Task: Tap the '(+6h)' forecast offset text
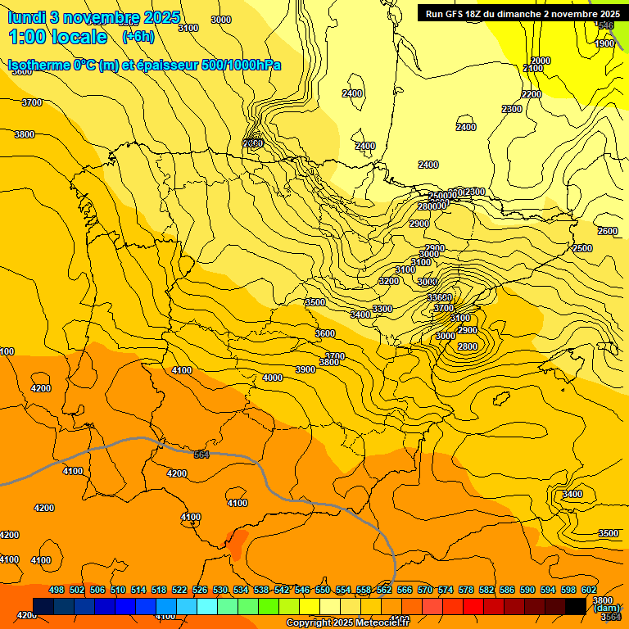(138, 37)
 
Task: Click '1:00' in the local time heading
(26, 37)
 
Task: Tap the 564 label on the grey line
(201, 455)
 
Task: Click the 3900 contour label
(305, 370)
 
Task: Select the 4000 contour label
(273, 378)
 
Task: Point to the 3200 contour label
(388, 281)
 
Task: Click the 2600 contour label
(607, 232)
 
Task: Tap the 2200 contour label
(531, 95)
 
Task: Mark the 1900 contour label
(604, 44)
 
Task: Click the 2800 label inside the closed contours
(467, 347)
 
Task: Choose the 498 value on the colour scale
(57, 591)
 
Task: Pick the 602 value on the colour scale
(589, 591)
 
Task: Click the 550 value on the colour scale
(323, 591)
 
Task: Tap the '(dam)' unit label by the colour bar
(607, 608)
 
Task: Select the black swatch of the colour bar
(576, 606)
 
